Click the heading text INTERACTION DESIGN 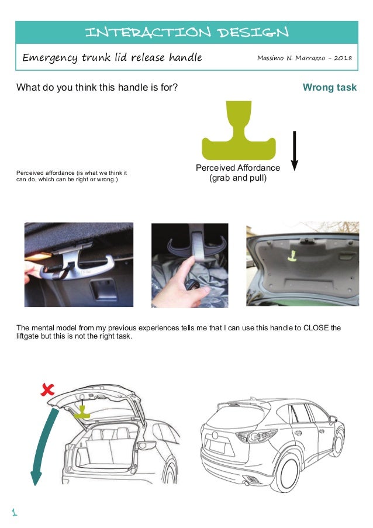pos(186,32)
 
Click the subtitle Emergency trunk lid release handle pos(112,57)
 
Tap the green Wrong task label pos(329,88)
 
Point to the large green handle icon pos(238,134)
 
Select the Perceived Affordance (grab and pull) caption pos(238,172)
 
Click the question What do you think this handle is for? pos(97,88)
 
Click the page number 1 pos(15,513)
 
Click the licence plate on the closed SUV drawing pos(217,447)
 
